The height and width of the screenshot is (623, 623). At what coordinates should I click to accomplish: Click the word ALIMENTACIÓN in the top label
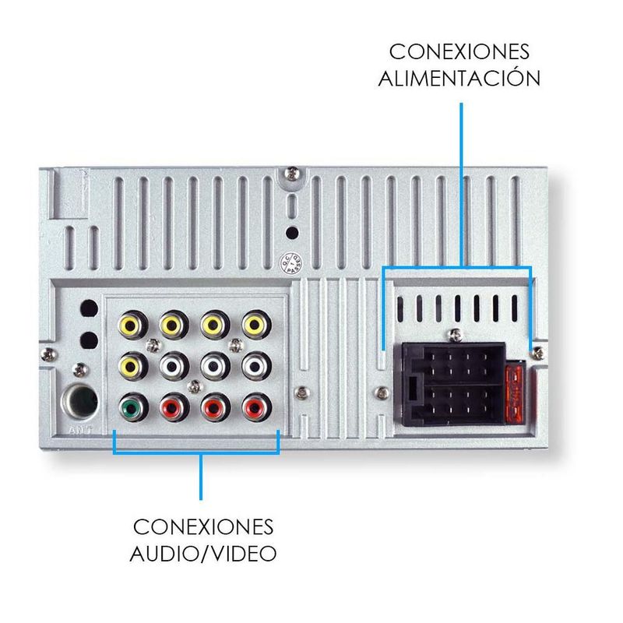[x=459, y=79]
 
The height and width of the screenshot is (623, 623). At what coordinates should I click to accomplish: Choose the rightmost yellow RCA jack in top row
[x=254, y=323]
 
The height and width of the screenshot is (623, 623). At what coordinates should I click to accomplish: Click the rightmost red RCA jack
[x=254, y=407]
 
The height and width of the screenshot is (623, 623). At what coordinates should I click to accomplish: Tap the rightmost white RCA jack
[x=254, y=364]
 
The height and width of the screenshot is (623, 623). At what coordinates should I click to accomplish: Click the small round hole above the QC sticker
[x=290, y=232]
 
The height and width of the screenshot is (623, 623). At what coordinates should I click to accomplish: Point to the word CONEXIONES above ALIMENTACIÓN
[x=459, y=51]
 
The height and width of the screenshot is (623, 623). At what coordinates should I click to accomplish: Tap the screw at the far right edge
[x=537, y=354]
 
